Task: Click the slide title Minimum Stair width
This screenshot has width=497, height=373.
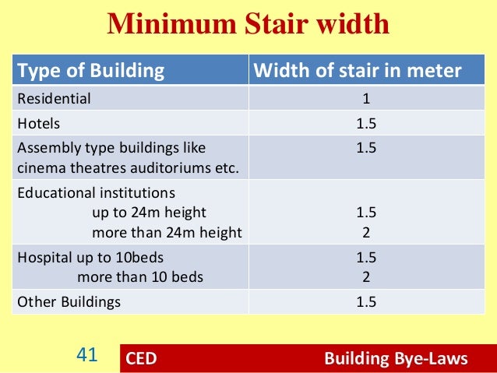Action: tap(248, 25)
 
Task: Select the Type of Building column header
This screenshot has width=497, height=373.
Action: tap(91, 72)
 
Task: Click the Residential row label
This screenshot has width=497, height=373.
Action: tap(55, 99)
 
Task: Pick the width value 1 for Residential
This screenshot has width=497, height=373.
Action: tap(366, 99)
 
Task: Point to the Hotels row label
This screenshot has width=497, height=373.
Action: tap(38, 123)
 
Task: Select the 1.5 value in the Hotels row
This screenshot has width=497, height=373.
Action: tap(366, 123)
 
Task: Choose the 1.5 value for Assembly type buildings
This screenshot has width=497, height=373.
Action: tap(366, 146)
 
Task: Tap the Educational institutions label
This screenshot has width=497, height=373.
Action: tap(97, 192)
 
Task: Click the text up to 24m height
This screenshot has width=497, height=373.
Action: tap(150, 212)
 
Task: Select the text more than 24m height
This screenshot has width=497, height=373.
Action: tap(167, 232)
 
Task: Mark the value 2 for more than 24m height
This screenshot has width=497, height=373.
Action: tap(366, 232)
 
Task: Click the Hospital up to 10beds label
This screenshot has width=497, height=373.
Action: tap(90, 257)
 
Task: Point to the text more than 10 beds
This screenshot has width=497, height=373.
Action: tap(140, 276)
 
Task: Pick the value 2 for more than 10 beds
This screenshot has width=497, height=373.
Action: tap(366, 276)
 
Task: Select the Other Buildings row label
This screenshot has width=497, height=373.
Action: tap(69, 302)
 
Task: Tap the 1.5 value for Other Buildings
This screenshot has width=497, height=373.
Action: tap(366, 302)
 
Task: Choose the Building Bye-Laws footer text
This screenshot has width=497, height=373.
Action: tap(396, 359)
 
